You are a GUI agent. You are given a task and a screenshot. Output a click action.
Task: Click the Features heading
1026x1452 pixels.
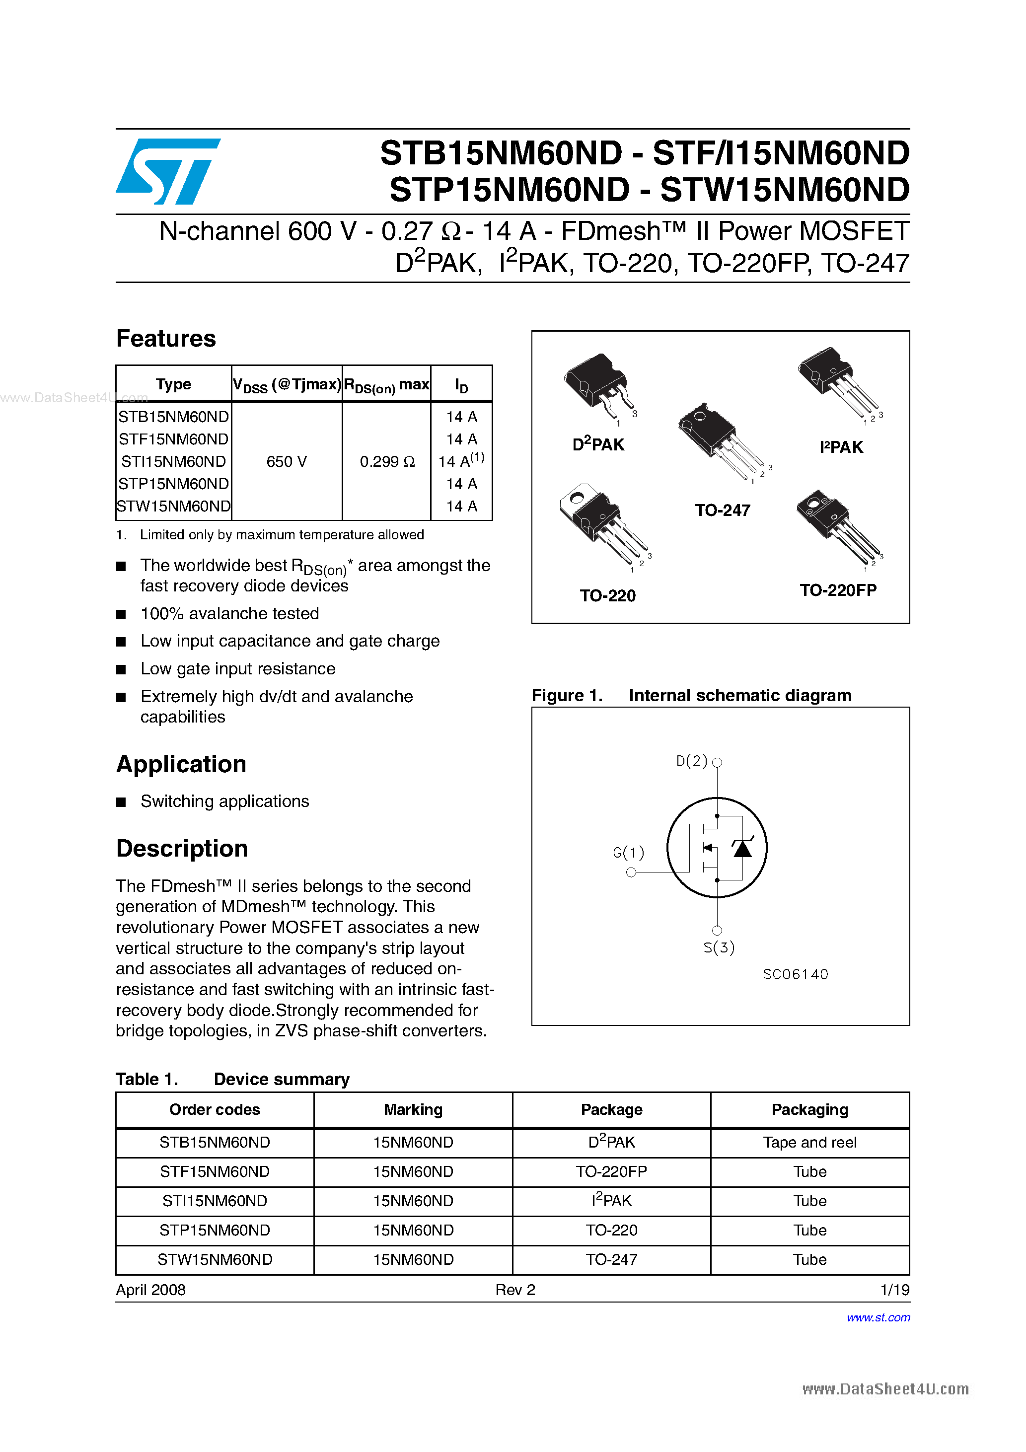click(x=166, y=339)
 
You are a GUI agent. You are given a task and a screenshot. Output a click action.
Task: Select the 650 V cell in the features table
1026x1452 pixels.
click(x=286, y=462)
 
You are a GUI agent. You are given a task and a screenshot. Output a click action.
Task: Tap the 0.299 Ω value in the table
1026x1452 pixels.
click(x=386, y=462)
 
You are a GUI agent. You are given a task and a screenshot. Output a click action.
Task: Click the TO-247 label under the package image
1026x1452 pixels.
click(x=723, y=510)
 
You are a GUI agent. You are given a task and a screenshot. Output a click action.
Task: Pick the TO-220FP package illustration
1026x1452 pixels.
click(x=836, y=525)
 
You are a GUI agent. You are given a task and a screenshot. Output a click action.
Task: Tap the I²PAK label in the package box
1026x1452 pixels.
click(x=841, y=447)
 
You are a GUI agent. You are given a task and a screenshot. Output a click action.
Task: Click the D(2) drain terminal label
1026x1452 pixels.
click(x=691, y=761)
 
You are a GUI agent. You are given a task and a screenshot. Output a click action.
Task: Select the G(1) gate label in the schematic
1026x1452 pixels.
click(x=628, y=853)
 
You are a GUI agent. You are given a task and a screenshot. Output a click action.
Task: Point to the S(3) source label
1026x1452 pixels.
click(x=719, y=947)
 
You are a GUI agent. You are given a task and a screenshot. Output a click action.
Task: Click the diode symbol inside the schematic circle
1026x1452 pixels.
click(x=742, y=848)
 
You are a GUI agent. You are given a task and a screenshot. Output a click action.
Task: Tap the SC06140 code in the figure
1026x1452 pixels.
click(x=795, y=974)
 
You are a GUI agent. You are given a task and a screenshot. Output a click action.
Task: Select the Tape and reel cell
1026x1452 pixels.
click(x=809, y=1143)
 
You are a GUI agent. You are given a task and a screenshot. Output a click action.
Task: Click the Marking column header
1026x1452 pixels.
click(x=413, y=1110)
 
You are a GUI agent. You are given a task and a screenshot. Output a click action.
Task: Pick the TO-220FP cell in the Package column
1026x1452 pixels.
click(x=611, y=1172)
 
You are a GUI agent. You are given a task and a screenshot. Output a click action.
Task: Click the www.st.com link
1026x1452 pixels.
click(x=878, y=1317)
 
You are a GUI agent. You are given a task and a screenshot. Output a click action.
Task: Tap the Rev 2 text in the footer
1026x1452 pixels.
click(x=515, y=1290)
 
